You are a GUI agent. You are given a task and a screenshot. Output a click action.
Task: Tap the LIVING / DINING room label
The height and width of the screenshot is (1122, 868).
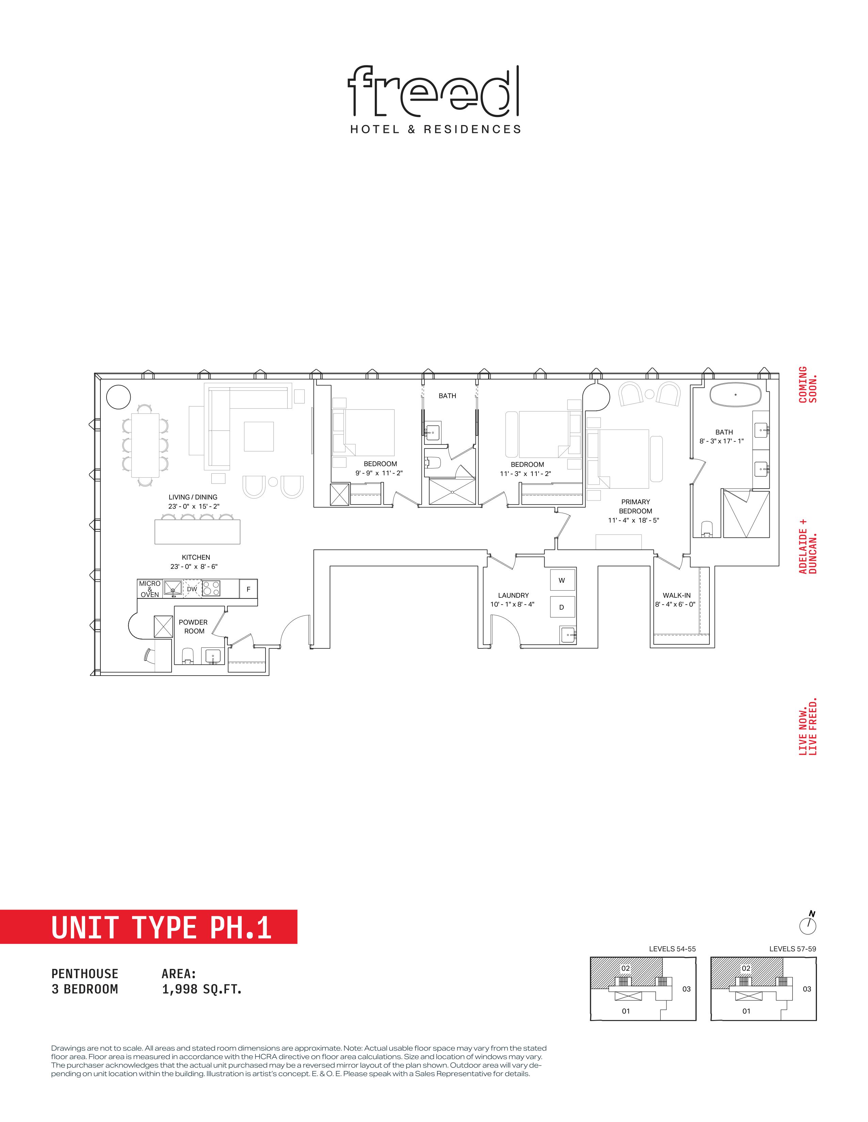(193, 497)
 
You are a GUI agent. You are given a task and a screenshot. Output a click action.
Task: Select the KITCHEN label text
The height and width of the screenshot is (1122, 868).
(196, 557)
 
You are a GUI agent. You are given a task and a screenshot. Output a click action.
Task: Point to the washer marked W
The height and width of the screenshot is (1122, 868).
(562, 580)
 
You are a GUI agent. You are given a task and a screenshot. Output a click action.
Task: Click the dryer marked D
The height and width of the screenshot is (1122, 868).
(562, 607)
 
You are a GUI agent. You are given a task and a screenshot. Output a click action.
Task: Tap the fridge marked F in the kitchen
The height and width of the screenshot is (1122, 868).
(248, 589)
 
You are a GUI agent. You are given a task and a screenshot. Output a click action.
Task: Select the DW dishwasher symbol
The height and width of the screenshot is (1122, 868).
(192, 589)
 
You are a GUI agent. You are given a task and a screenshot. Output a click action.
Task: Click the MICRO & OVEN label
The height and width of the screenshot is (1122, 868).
(150, 589)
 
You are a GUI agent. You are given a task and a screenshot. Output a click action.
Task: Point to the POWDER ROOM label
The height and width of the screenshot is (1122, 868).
(193, 626)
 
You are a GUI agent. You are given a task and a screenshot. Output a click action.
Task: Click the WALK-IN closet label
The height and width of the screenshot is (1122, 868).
(677, 595)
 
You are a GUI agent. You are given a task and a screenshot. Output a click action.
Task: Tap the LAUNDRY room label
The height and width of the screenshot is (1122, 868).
(513, 595)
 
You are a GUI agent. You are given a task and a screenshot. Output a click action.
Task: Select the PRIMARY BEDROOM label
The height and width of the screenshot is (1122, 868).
(636, 506)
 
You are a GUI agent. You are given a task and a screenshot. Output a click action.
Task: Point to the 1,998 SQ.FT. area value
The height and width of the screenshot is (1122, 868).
(202, 989)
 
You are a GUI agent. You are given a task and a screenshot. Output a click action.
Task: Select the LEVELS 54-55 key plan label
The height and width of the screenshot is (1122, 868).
(672, 949)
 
